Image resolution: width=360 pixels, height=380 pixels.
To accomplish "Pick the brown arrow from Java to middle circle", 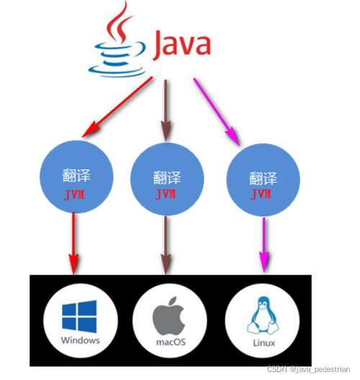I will click(168, 108).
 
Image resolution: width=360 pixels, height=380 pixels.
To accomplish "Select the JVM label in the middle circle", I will click(167, 195).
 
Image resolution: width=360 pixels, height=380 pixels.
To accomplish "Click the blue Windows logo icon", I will click(79, 314).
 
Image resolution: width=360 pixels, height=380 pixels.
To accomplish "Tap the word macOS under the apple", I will click(170, 343).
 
